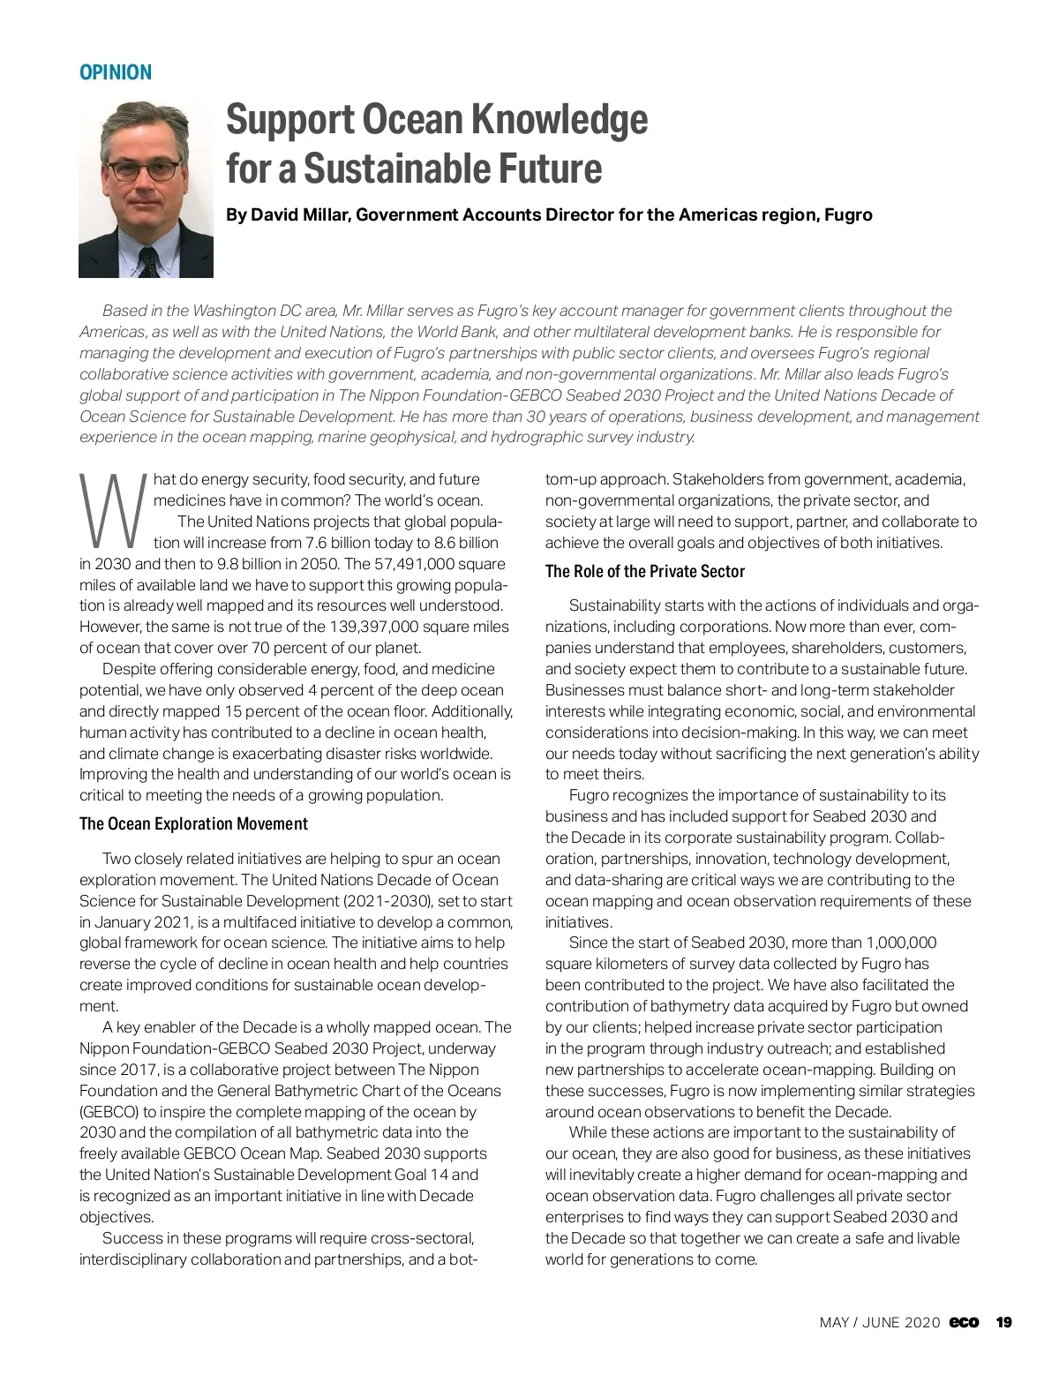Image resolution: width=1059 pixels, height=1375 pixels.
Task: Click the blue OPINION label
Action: [116, 72]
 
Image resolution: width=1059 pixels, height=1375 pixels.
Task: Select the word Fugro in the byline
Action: [847, 214]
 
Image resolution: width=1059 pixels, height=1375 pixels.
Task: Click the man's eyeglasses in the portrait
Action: [143, 169]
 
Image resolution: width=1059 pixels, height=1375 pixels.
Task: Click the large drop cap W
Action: [112, 510]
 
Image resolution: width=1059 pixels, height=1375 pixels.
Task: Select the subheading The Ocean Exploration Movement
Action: [193, 823]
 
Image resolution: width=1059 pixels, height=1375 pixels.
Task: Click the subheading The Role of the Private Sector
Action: [644, 571]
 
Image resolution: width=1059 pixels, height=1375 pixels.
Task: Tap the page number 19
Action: [1003, 1322]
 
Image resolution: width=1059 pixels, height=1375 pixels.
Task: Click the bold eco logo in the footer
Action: [964, 1322]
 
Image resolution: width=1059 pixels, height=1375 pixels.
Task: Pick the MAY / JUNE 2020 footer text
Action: [880, 1322]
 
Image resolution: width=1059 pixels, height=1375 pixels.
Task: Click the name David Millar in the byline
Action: [301, 214]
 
